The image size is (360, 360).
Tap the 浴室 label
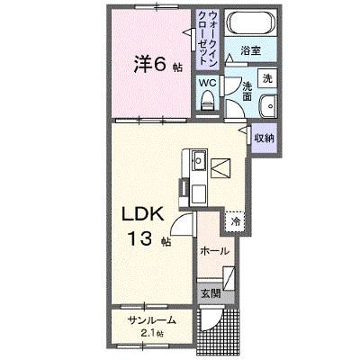[250, 50]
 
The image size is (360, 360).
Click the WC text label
[208, 83]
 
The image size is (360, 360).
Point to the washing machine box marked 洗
[267, 78]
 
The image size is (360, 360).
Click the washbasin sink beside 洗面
[268, 106]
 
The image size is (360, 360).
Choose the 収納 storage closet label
[265, 138]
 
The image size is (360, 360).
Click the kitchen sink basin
[199, 160]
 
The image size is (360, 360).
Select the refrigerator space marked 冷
[235, 221]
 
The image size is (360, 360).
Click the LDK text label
[142, 214]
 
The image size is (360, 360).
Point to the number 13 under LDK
[140, 238]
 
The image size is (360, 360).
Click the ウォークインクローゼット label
[208, 38]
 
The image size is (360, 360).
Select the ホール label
[214, 251]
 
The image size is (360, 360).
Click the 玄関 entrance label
[211, 293]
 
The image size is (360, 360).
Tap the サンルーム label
[151, 320]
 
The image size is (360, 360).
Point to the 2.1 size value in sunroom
[145, 333]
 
